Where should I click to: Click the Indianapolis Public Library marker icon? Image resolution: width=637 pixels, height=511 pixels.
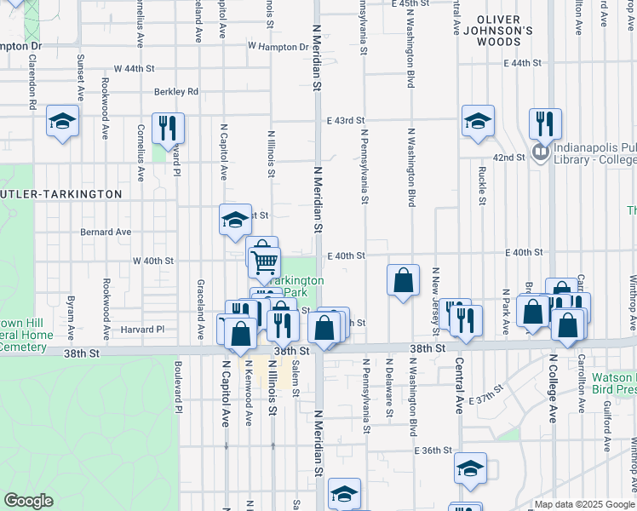click(x=540, y=152)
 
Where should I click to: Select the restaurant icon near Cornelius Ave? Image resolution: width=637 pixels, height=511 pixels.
click(x=168, y=128)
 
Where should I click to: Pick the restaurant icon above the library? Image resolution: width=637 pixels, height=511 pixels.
click(x=544, y=123)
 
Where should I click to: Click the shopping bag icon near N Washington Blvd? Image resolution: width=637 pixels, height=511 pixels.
click(x=403, y=279)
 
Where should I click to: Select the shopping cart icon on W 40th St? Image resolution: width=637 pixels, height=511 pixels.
click(x=266, y=261)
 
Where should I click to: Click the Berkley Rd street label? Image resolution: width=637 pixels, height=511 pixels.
click(x=176, y=92)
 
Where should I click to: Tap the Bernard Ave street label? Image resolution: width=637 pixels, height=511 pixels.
click(x=106, y=232)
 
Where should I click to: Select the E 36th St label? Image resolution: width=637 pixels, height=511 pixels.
click(x=432, y=451)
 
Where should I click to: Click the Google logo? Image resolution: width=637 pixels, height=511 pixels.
click(x=28, y=501)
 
